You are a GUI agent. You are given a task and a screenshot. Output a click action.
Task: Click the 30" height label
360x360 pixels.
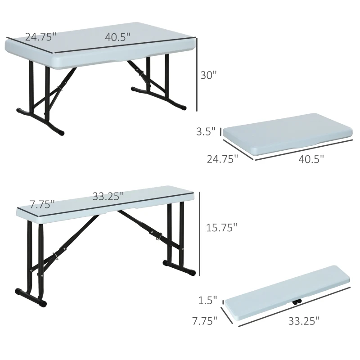click(209, 75)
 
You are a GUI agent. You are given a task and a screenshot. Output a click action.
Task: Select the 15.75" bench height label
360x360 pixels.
click(221, 228)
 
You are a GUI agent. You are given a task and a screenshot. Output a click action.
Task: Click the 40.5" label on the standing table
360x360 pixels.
click(118, 37)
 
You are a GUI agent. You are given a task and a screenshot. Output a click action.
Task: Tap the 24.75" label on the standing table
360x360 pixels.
click(40, 37)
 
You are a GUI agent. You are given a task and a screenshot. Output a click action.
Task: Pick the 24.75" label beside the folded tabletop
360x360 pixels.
click(222, 158)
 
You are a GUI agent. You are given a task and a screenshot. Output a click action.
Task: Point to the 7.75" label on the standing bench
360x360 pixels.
click(42, 204)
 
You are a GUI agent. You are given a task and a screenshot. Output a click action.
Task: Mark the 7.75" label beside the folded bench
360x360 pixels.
click(202, 320)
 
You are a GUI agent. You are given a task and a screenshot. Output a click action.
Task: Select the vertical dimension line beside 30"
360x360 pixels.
click(197, 74)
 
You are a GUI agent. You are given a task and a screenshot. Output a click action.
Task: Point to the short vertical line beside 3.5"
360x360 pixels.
click(220, 131)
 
